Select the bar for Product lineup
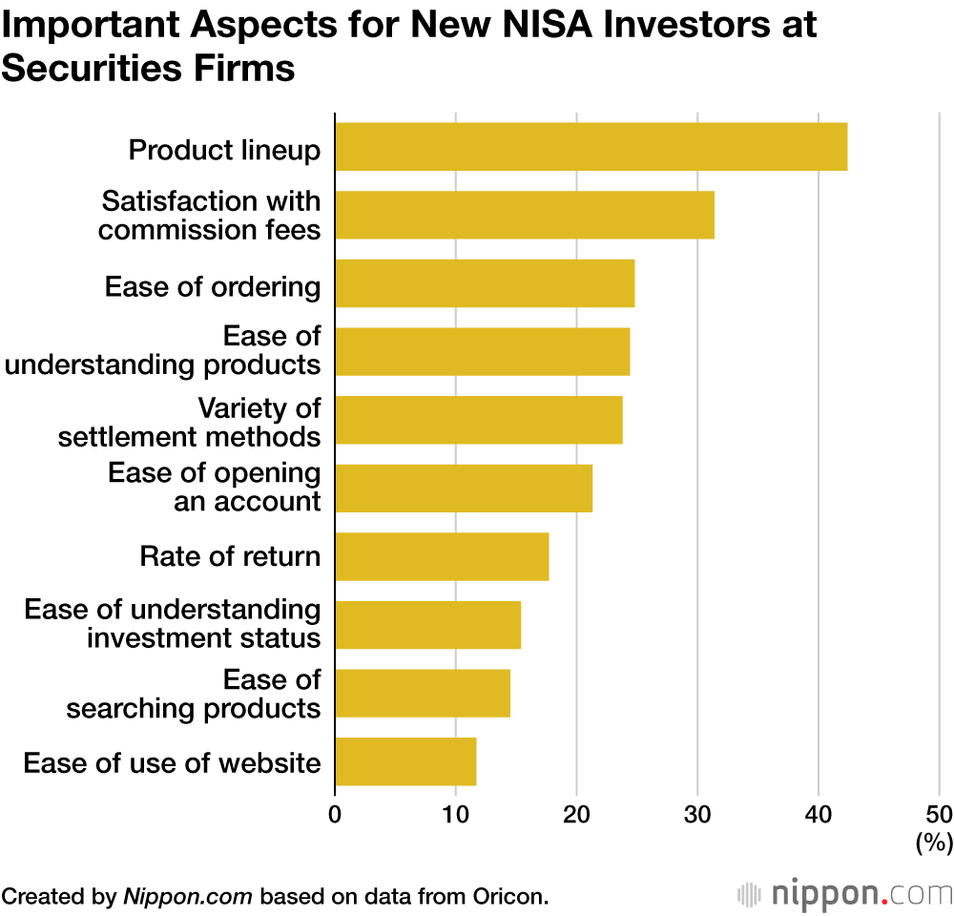[x=591, y=146]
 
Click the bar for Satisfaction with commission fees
[x=524, y=215]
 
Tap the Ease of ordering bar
[x=484, y=283]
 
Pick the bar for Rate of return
[x=441, y=556]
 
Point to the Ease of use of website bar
[x=404, y=761]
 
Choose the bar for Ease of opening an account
[x=463, y=488]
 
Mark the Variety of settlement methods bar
[x=478, y=420]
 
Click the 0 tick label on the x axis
[x=335, y=814]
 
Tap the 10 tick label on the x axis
[x=455, y=814]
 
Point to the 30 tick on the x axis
[x=697, y=814]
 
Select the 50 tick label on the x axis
[x=939, y=814]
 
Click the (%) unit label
[x=934, y=843]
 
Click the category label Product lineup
[x=224, y=150]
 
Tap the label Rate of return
[x=230, y=556]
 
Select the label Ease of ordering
[x=213, y=286]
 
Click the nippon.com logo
[x=845, y=894]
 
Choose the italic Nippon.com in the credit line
[x=188, y=896]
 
